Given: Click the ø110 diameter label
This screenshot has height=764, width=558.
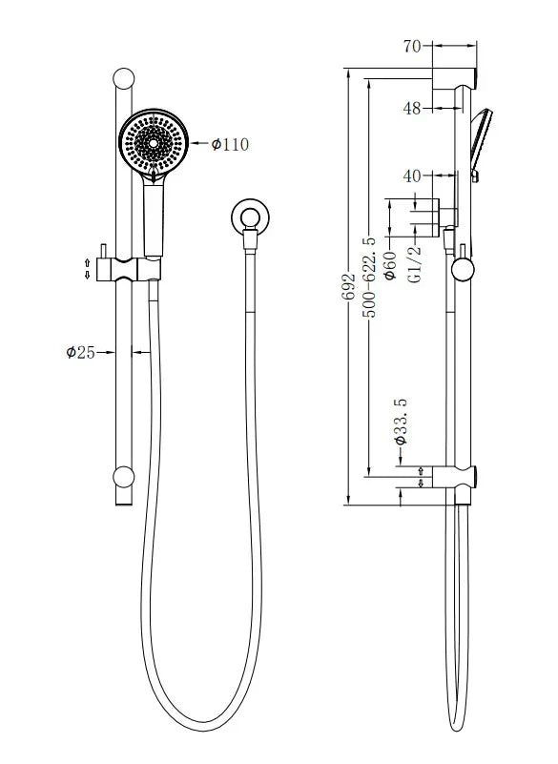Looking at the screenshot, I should coord(229,144).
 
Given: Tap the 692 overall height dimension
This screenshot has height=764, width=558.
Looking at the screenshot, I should coord(349,285).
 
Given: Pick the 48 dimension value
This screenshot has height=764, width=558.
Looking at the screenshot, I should coord(412,109).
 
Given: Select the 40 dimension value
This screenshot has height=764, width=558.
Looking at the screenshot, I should coord(412,176).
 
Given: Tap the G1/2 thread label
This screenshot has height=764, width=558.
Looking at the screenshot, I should coord(413,262).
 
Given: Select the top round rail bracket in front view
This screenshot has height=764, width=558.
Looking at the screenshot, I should coord(124,79).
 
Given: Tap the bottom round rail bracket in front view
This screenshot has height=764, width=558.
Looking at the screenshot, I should coord(124,477).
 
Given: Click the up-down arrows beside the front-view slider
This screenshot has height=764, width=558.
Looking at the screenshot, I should coord(88,268).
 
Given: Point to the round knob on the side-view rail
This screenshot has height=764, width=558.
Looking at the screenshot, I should coord(463,268).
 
